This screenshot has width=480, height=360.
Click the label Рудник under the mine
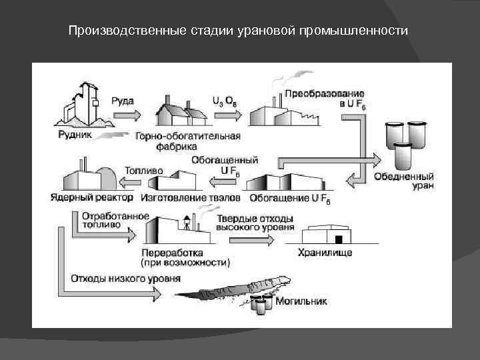[x=75, y=133]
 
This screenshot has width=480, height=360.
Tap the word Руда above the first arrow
[x=122, y=101]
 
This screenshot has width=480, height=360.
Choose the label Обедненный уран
[x=405, y=181]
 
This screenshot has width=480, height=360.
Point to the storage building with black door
[x=329, y=235]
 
